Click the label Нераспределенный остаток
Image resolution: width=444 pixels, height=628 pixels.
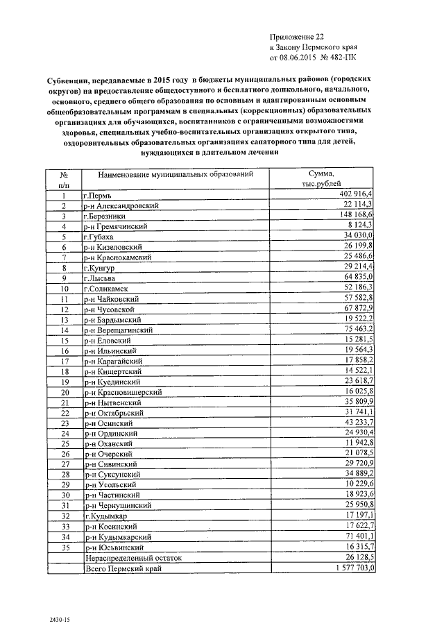tap(133, 557)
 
